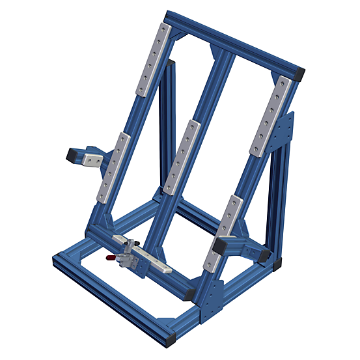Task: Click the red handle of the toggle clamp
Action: point(113,259)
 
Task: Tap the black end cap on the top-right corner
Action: point(299,74)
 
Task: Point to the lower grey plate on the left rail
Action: point(111,167)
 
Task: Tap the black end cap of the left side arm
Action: point(70,155)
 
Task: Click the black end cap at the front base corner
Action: point(171,339)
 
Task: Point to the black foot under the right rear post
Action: point(279,264)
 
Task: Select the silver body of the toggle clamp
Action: point(130,251)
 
